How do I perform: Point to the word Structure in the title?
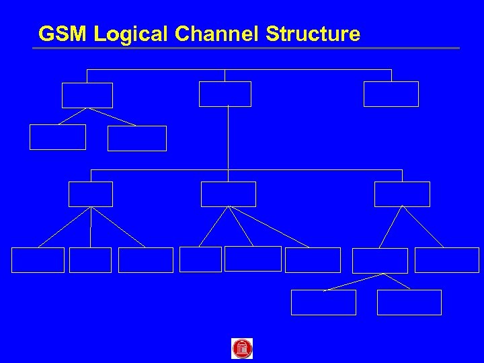click(x=313, y=34)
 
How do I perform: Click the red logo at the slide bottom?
click(x=242, y=348)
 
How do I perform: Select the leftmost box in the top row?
click(x=87, y=95)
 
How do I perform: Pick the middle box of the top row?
click(x=225, y=94)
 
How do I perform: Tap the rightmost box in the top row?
click(x=391, y=94)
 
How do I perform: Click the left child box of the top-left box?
click(x=58, y=137)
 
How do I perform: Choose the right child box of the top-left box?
click(x=137, y=138)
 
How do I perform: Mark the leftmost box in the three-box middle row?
click(x=91, y=194)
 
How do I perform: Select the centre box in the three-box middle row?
click(x=229, y=194)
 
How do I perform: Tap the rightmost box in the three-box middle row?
click(x=402, y=194)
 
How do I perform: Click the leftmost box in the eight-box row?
click(x=38, y=260)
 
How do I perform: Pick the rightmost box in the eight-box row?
click(x=447, y=260)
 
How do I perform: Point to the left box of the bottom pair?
click(x=323, y=302)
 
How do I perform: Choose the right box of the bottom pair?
click(x=409, y=302)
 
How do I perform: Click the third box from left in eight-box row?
click(x=146, y=260)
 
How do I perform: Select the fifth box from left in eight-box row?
click(x=253, y=259)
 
